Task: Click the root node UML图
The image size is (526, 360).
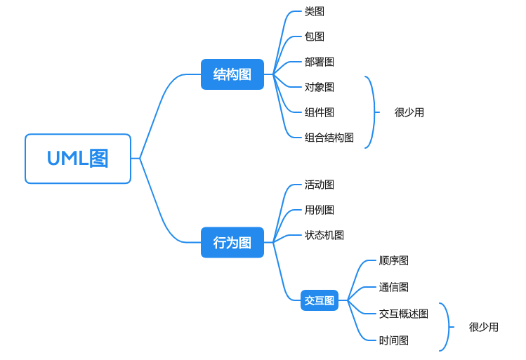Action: [78, 159]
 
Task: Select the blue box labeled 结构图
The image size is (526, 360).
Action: [232, 74]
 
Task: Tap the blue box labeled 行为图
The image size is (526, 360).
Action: [232, 243]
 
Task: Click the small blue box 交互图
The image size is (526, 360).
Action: [320, 300]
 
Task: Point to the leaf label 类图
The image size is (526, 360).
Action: [315, 11]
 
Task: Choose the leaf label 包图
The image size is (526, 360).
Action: [315, 36]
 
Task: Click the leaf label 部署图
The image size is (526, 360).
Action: [320, 62]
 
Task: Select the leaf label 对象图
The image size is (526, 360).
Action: [320, 87]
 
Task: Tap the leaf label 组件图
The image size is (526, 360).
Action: [320, 112]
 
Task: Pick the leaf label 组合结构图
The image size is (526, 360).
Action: [329, 138]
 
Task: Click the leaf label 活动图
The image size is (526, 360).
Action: [320, 185]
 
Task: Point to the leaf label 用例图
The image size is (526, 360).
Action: [320, 210]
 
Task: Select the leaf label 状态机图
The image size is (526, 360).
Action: [324, 235]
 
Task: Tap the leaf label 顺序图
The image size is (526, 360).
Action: [394, 260]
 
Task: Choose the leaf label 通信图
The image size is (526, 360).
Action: [394, 287]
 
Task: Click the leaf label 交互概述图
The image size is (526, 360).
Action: [404, 314]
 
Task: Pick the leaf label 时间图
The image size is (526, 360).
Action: [394, 340]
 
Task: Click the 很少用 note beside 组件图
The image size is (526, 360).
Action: [409, 112]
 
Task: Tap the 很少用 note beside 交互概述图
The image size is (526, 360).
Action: [484, 327]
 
